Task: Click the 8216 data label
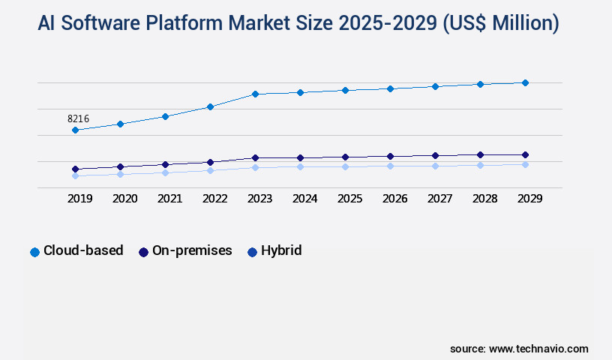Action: click(x=78, y=118)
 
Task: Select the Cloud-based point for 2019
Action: click(x=75, y=130)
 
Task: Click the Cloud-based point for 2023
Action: click(x=255, y=94)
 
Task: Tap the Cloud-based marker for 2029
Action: click(x=525, y=82)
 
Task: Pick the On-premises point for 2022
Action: click(x=210, y=162)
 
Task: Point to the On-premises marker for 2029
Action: click(x=525, y=154)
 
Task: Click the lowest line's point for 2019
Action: click(x=75, y=175)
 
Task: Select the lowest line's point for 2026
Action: click(x=390, y=166)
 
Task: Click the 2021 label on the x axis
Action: click(x=169, y=199)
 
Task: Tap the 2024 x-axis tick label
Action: click(x=304, y=199)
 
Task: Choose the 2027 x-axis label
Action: click(x=439, y=199)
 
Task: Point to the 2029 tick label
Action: click(x=529, y=199)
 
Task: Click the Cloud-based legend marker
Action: click(x=34, y=252)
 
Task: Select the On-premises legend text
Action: click(x=192, y=250)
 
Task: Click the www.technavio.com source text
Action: click(x=538, y=349)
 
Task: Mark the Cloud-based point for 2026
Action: click(x=390, y=88)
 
